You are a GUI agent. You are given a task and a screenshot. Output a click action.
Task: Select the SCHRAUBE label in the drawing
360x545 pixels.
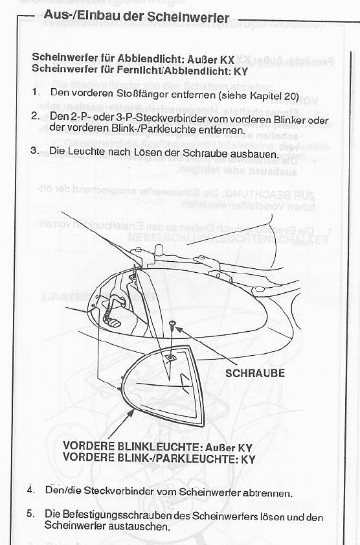point(254,373)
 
